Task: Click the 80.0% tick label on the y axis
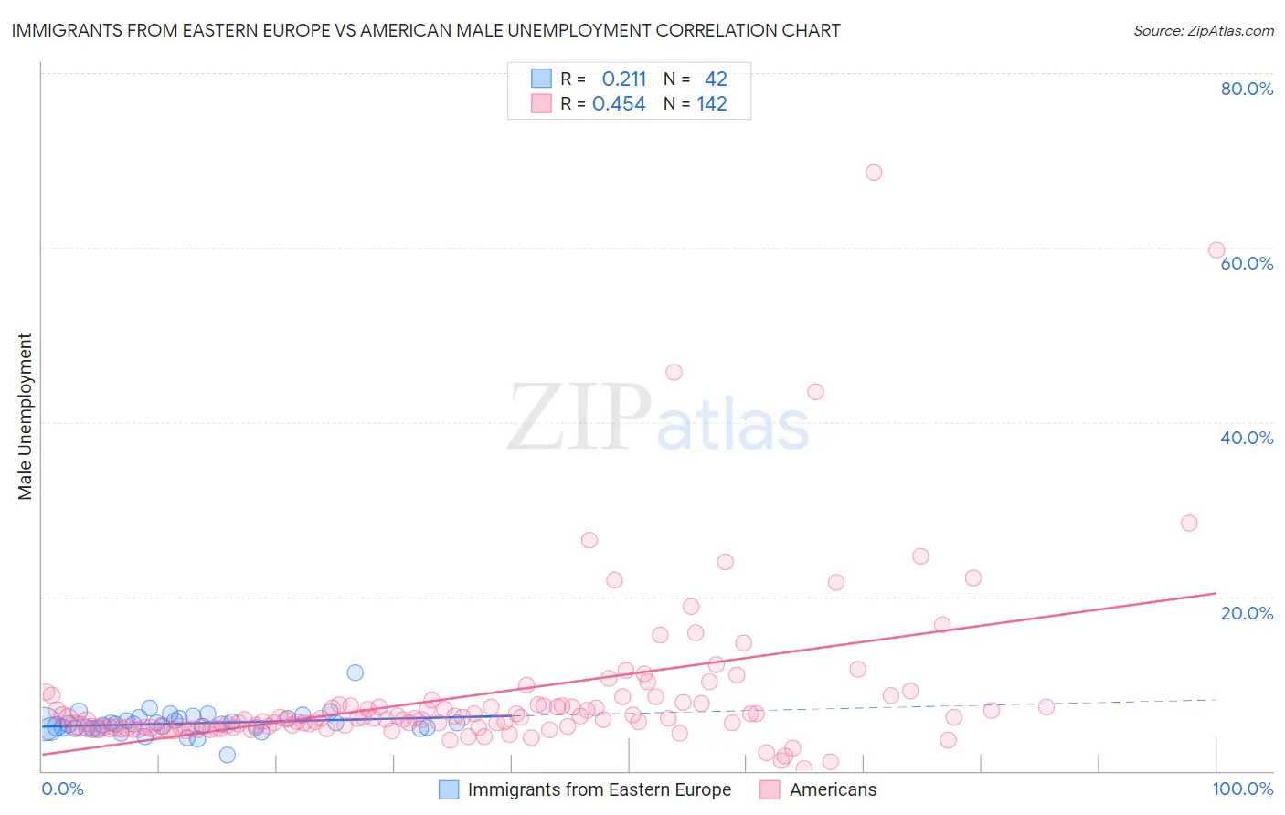pos(1247,89)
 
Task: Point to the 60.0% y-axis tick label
pos(1247,263)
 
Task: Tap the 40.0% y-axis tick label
pos(1247,438)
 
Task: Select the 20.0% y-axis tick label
pos(1247,613)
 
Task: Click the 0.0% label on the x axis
pos(62,789)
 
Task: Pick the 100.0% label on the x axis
pos(1243,789)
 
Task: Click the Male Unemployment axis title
pos(25,417)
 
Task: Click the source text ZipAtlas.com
pos(1204,31)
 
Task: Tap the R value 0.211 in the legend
pos(624,79)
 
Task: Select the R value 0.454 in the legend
pos(619,104)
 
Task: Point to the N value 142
pos(712,104)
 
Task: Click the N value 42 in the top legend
pos(716,79)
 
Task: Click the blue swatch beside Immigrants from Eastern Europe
pos(449,789)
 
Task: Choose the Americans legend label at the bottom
pos(833,789)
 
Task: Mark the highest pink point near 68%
pos(874,173)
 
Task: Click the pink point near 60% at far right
pos(1216,250)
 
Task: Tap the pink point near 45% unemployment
pos(674,372)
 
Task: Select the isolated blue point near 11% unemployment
pos(356,672)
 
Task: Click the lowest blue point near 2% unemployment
pos(228,755)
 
